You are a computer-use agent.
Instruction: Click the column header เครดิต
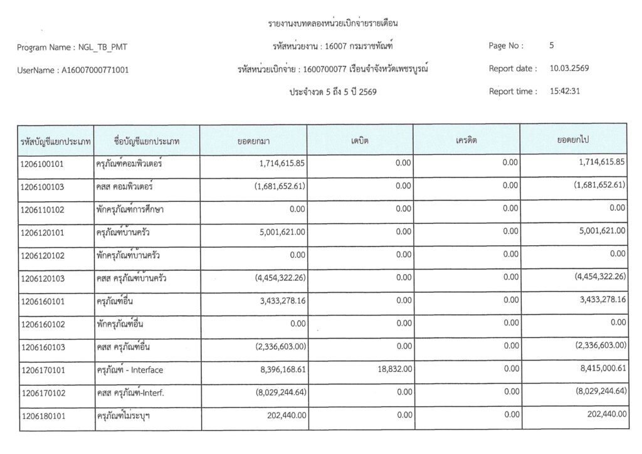[466, 140]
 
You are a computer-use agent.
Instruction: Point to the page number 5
[551, 45]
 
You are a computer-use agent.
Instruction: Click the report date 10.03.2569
[569, 68]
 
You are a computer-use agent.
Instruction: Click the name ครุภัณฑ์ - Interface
[129, 370]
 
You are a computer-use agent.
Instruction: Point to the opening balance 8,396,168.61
[280, 369]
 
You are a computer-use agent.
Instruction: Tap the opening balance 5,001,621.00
[280, 232]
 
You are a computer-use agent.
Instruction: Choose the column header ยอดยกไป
[572, 140]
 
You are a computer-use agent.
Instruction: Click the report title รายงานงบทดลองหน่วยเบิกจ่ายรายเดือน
[333, 24]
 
